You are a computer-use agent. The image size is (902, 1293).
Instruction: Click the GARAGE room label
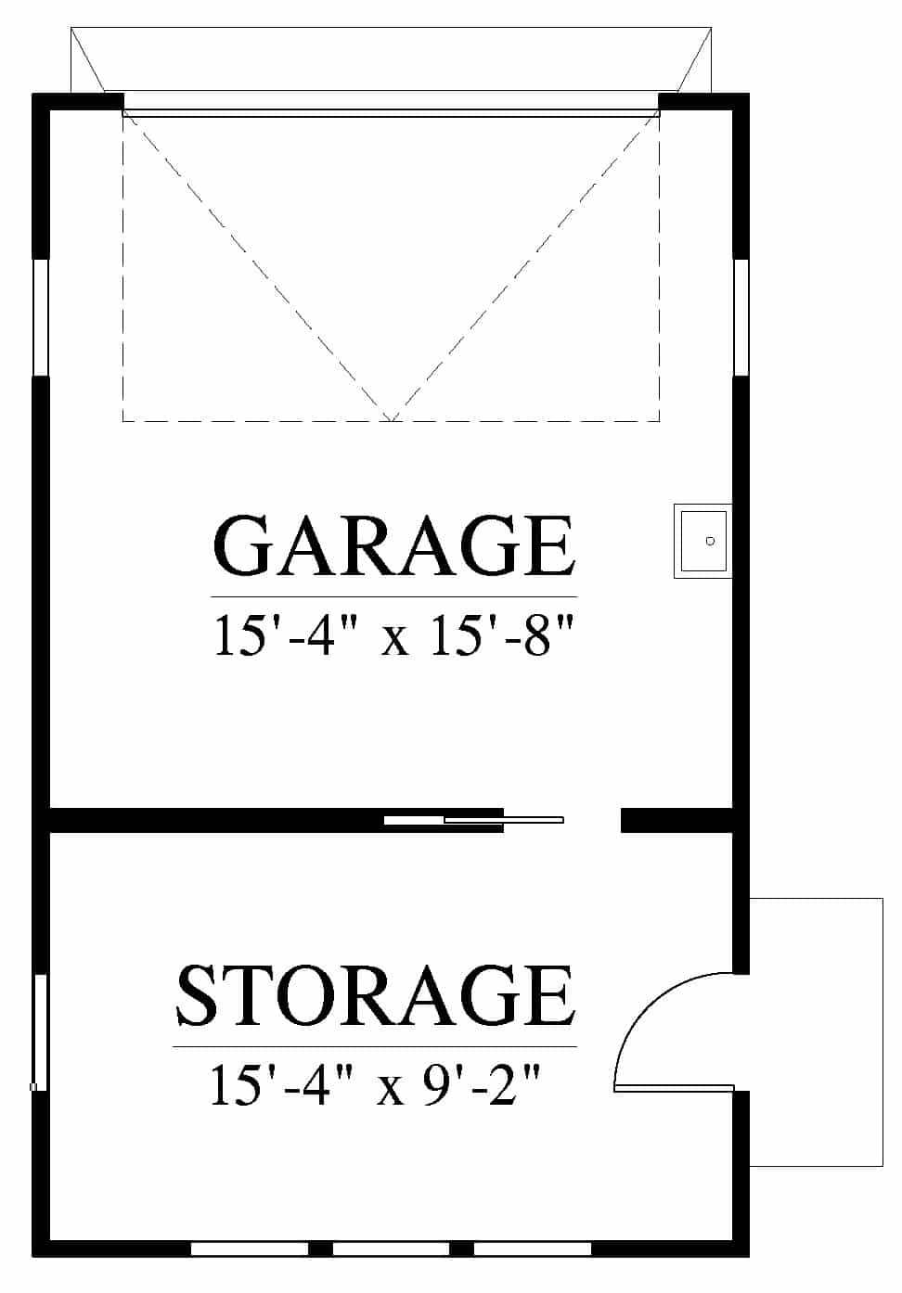pos(394,545)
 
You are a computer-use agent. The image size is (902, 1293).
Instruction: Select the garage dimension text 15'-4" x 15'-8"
pos(394,635)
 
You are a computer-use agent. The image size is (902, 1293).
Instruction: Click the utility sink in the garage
pos(702,541)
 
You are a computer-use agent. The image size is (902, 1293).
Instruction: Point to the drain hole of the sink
pos(710,541)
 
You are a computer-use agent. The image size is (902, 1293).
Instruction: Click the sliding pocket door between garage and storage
pos(473,820)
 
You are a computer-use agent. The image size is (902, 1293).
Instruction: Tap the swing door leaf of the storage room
pos(674,1088)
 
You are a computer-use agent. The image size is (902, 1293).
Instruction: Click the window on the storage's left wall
pos(40,1032)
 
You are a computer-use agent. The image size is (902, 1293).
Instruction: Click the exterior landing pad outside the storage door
pos(816,1032)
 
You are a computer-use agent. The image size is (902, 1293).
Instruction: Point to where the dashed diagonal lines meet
pos(392,421)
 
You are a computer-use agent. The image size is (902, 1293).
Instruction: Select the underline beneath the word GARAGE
pos(394,596)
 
